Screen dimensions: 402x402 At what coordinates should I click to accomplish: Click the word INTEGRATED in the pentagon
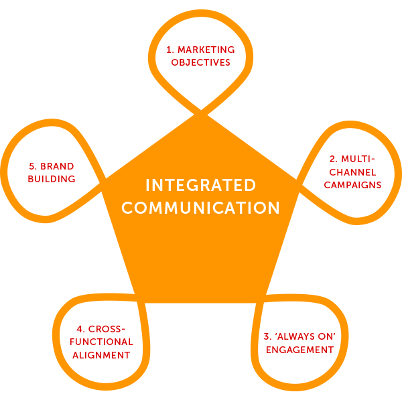[200, 185]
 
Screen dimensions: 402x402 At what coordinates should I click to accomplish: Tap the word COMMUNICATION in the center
[200, 208]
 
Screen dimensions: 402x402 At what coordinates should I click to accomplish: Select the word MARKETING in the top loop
[207, 50]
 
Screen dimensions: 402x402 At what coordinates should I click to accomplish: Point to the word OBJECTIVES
[200, 62]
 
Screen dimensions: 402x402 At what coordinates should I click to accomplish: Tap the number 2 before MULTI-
[332, 159]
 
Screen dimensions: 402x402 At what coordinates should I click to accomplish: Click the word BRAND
[57, 166]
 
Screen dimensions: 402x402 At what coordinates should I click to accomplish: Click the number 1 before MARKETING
[170, 50]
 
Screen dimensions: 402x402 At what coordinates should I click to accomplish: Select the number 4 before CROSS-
[79, 330]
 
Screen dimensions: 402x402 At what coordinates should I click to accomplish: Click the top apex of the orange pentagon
[200, 114]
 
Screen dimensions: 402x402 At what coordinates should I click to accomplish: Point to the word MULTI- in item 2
[356, 159]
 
